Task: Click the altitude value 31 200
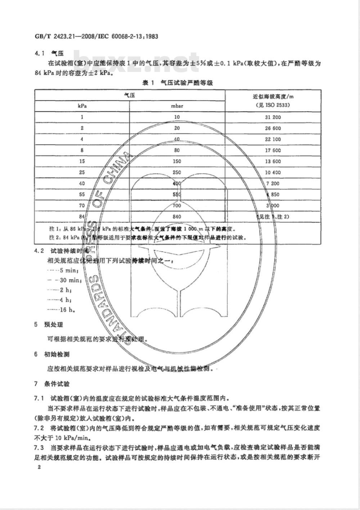tap(273, 117)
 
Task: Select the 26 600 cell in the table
tap(273, 128)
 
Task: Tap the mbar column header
tap(177, 106)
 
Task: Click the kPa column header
tap(82, 106)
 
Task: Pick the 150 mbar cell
tap(177, 161)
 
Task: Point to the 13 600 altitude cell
tap(273, 161)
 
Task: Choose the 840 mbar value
tap(177, 217)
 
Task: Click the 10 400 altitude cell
tap(273, 173)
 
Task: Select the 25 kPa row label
tap(82, 173)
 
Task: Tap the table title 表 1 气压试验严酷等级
tap(178, 83)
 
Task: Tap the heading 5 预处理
tap(49, 324)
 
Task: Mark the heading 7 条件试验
tap(52, 384)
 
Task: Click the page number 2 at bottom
tap(36, 467)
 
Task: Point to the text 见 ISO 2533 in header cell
tap(273, 105)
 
